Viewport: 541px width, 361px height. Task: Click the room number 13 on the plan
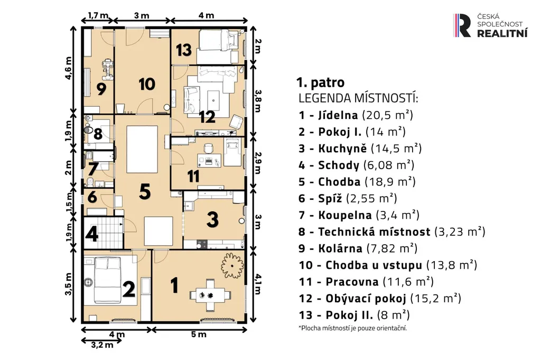[183, 49]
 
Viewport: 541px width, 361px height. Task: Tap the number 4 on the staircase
[92, 234]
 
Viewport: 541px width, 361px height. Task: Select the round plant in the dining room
[232, 265]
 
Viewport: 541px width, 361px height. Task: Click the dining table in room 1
[210, 295]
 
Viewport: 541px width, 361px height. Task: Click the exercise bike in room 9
[108, 69]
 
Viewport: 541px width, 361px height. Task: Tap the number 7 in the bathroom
[92, 169]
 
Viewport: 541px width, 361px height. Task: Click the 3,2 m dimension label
[102, 345]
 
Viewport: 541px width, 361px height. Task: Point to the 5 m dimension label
[199, 334]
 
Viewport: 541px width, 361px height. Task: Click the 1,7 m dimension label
[98, 15]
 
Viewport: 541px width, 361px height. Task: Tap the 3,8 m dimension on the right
[258, 101]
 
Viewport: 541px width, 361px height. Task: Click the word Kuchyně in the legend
[342, 149]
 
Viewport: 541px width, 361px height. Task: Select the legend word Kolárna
[340, 248]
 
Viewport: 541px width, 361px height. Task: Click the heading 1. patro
[320, 82]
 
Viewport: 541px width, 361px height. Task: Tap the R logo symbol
[462, 25]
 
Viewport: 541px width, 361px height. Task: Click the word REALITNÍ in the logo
[502, 33]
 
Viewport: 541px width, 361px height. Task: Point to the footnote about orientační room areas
[352, 328]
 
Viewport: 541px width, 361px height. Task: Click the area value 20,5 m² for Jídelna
[387, 115]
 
